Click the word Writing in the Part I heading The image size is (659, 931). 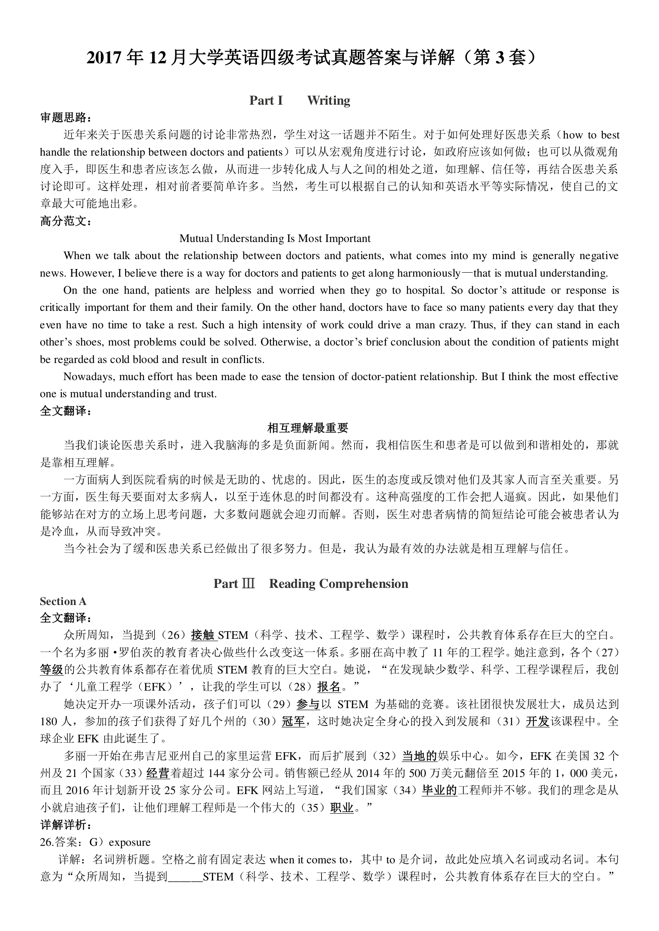point(329,100)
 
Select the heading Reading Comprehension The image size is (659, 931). point(338,584)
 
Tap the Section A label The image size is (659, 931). point(63,601)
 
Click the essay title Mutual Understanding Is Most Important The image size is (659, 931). point(275,238)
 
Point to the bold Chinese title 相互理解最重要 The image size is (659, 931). point(308,428)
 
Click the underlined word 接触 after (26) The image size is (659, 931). point(202,635)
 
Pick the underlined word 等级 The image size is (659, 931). point(51,669)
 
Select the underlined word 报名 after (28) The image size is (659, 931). point(329,687)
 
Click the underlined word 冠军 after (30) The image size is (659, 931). point(293,721)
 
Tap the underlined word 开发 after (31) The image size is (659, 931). point(537,721)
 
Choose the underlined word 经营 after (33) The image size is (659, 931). point(157,773)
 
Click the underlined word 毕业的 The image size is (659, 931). point(439,790)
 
